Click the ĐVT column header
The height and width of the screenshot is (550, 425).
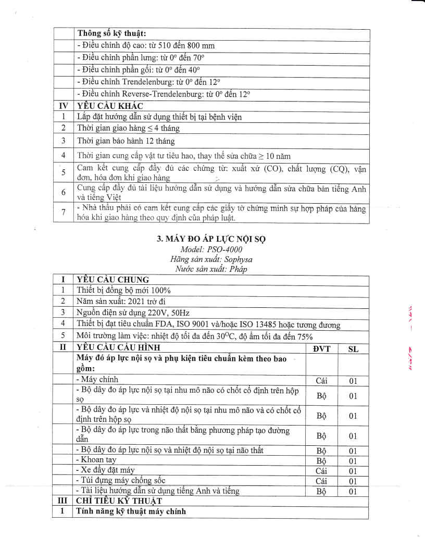(321, 348)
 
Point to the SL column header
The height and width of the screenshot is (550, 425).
(353, 348)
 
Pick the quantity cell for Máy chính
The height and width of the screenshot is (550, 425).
(353, 381)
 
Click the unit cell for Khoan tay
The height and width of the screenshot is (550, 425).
(321, 461)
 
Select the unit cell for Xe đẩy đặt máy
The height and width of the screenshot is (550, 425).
(321, 471)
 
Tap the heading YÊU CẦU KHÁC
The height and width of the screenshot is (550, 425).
(106, 106)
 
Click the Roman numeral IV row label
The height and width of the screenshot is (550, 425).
(64, 106)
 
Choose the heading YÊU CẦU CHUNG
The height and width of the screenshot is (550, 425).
(113, 280)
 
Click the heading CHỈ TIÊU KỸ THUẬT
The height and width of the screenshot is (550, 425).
(119, 501)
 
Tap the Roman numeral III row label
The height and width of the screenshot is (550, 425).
(64, 501)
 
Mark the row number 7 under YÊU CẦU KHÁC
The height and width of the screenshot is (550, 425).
(64, 213)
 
